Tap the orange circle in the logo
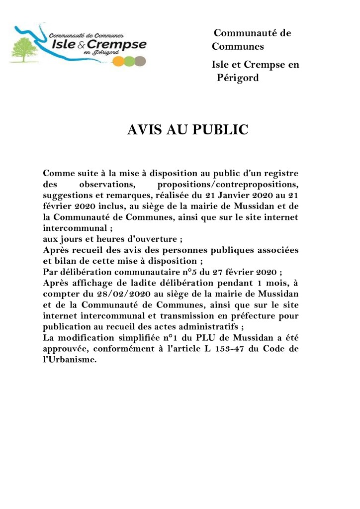[118, 61]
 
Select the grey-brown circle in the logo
[141, 61]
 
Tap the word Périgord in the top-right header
[238, 78]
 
